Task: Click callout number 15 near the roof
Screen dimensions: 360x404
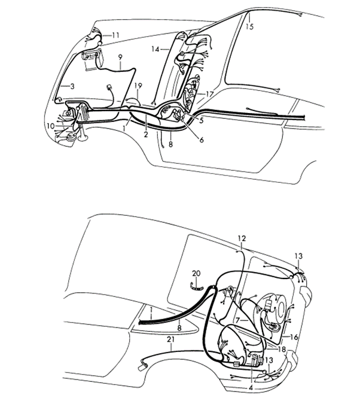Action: point(249,26)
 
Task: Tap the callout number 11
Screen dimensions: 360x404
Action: point(115,35)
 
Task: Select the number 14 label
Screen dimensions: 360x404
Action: point(155,49)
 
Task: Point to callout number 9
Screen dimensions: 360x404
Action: point(120,57)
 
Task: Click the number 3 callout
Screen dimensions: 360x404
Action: point(72,86)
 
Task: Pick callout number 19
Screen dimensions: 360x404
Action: point(138,85)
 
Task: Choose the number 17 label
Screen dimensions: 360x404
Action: point(209,94)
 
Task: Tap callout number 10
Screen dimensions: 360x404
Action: point(51,126)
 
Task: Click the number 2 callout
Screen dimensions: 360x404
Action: point(146,134)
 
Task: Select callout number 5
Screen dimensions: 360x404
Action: point(201,120)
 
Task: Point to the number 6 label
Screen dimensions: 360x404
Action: point(202,140)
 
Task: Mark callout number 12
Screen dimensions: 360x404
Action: point(242,238)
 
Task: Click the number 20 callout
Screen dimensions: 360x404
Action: point(196,273)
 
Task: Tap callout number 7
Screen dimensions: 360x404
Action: point(238,320)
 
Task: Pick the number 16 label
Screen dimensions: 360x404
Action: point(294,336)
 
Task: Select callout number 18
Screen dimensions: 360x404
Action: point(282,350)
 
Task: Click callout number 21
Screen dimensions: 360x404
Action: point(170,339)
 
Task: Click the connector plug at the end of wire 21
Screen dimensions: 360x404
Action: point(142,367)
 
